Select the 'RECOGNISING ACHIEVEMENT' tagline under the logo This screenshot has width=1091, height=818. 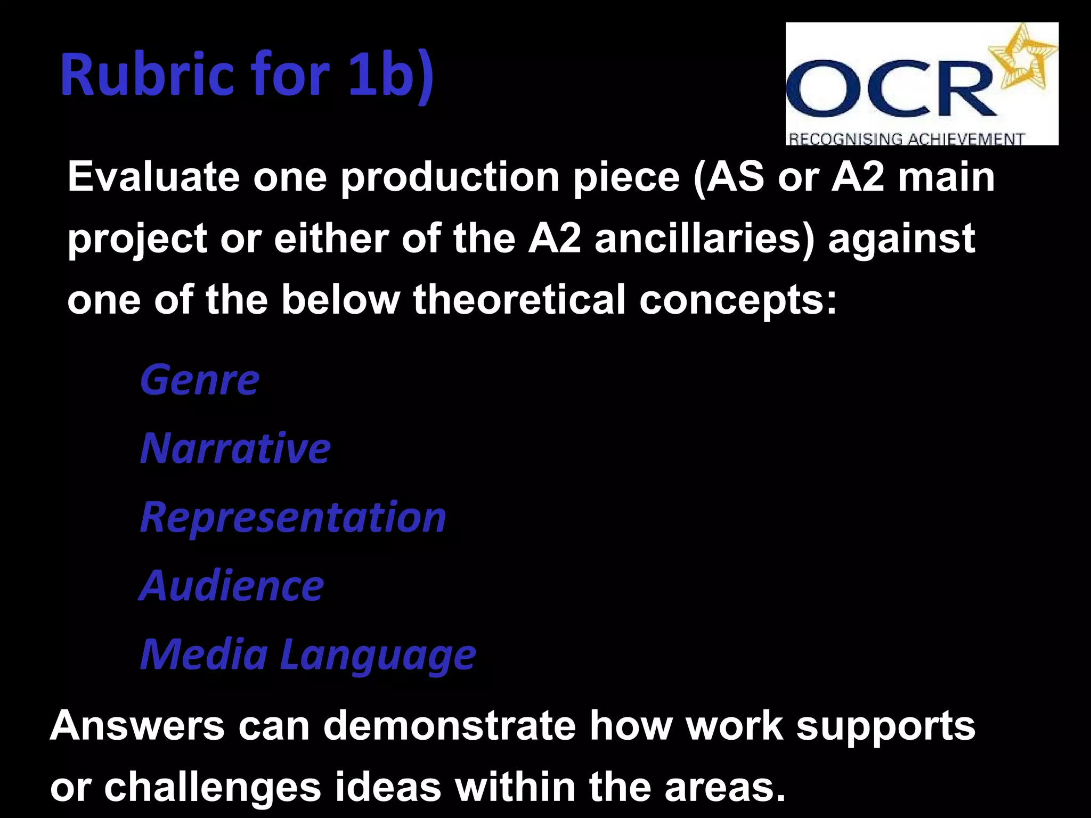[x=906, y=139]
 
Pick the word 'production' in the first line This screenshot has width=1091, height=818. [x=450, y=177]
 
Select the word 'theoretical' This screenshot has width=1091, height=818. [x=519, y=299]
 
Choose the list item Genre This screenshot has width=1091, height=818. [x=199, y=380]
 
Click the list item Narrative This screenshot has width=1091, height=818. [x=235, y=448]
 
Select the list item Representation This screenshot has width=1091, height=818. [x=293, y=518]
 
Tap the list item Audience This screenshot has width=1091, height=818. [x=232, y=586]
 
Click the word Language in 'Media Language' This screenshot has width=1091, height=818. [x=378, y=655]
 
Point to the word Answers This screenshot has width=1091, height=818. [x=137, y=725]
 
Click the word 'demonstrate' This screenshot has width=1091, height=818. [x=450, y=725]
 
